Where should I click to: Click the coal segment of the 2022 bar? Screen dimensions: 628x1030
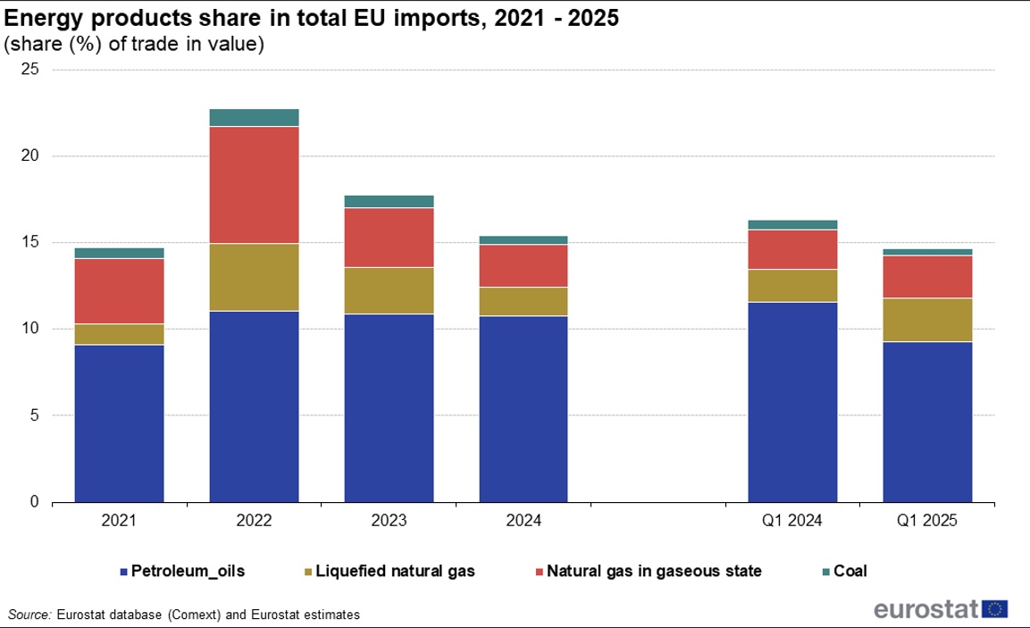point(254,117)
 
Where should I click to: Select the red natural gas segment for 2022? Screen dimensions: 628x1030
point(254,185)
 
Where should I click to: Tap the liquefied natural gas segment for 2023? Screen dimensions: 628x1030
point(389,290)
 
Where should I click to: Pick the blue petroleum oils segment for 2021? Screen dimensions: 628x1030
point(119,423)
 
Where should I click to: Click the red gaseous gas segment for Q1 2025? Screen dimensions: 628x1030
point(927,277)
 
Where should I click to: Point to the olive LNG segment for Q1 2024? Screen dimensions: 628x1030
point(792,286)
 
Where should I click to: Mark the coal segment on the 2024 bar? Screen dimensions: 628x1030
point(523,239)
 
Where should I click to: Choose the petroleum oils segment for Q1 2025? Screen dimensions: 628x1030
point(927,422)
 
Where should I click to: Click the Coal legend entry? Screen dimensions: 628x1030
point(850,571)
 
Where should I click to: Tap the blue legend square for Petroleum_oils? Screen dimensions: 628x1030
point(123,571)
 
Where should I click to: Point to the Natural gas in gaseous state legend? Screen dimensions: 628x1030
point(653,571)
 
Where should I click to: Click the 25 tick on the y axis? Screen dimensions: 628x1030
point(31,70)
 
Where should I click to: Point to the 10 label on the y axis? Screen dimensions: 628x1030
point(31,329)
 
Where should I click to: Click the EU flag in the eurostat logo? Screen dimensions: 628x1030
point(995,609)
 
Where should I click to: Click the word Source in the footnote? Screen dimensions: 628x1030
point(29,615)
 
